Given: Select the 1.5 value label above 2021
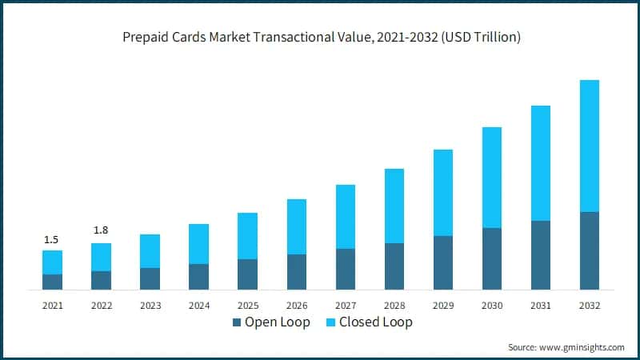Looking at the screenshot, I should tap(52, 239).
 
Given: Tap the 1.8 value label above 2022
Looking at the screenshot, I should tap(101, 230).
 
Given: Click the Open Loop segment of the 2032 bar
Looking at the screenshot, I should tap(590, 250).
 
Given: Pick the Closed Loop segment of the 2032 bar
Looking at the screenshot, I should tap(590, 146).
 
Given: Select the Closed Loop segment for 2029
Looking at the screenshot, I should tap(443, 193).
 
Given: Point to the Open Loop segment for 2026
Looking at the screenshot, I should tap(297, 272).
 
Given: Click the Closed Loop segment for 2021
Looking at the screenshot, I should tap(52, 262).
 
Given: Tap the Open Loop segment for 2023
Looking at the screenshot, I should tap(150, 278).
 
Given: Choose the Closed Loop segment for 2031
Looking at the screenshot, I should tap(541, 163).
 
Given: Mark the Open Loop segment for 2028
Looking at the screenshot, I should tap(394, 266).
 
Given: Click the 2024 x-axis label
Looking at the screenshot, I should tap(198, 305).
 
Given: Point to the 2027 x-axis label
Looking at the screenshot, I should tap(346, 305).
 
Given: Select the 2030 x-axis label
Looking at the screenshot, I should tap(492, 305).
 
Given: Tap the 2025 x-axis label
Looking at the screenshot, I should tap(248, 305).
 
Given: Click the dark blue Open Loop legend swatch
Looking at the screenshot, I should tap(236, 322).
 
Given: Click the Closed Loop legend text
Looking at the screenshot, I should tap(375, 322).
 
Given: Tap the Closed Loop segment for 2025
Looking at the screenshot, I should tap(248, 236).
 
